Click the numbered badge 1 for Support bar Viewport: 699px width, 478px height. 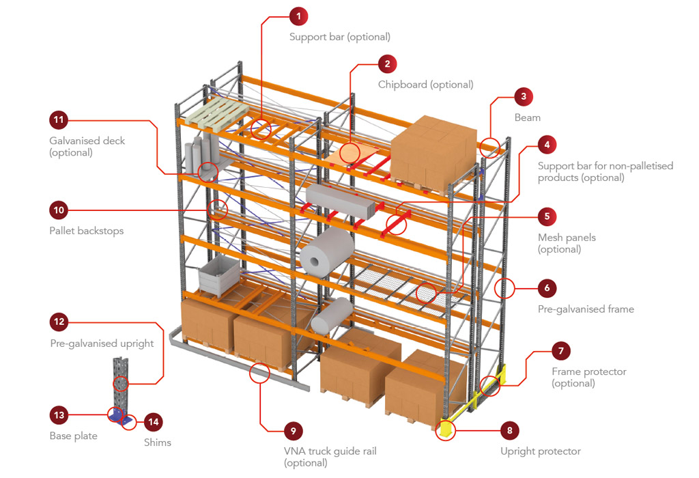coord(298,16)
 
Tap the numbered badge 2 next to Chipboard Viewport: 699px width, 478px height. coord(387,64)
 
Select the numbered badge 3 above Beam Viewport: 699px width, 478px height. coord(524,97)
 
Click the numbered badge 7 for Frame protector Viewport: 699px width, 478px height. coord(561,351)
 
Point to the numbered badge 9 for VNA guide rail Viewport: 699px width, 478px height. coord(293,431)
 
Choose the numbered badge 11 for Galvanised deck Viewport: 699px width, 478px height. coord(59,120)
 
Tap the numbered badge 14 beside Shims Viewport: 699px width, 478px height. coord(154,422)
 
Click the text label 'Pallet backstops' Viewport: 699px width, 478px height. coord(87,231)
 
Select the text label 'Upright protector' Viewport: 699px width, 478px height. coord(541,451)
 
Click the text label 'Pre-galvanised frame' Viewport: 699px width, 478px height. coord(586,309)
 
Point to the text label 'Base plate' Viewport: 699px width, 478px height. coord(73,436)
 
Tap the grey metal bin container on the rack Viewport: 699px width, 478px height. coord(218,277)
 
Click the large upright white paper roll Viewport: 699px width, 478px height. coord(328,250)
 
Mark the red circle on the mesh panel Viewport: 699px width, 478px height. coord(427,292)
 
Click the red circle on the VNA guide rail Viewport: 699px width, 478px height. coord(260,373)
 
